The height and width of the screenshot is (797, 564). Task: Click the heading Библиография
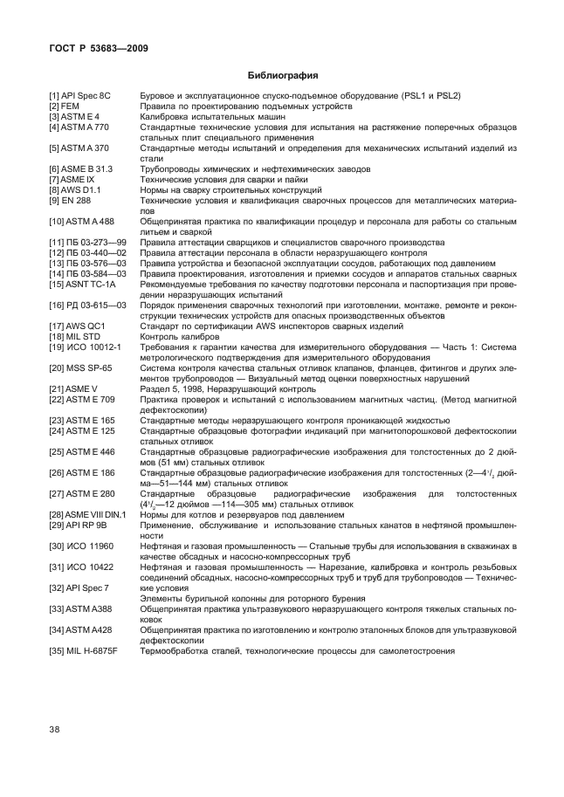[282, 75]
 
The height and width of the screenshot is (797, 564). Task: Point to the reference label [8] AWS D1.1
[78, 189]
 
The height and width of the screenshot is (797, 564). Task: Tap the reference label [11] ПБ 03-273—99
[88, 242]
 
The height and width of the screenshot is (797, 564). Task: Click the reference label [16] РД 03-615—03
[88, 305]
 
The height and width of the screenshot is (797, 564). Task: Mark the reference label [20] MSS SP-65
[80, 368]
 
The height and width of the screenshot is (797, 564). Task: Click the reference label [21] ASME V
[72, 388]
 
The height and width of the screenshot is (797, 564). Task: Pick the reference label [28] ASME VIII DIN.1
[87, 514]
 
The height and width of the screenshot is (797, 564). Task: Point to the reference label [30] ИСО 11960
[81, 546]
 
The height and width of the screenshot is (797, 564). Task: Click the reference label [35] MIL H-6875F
[84, 650]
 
